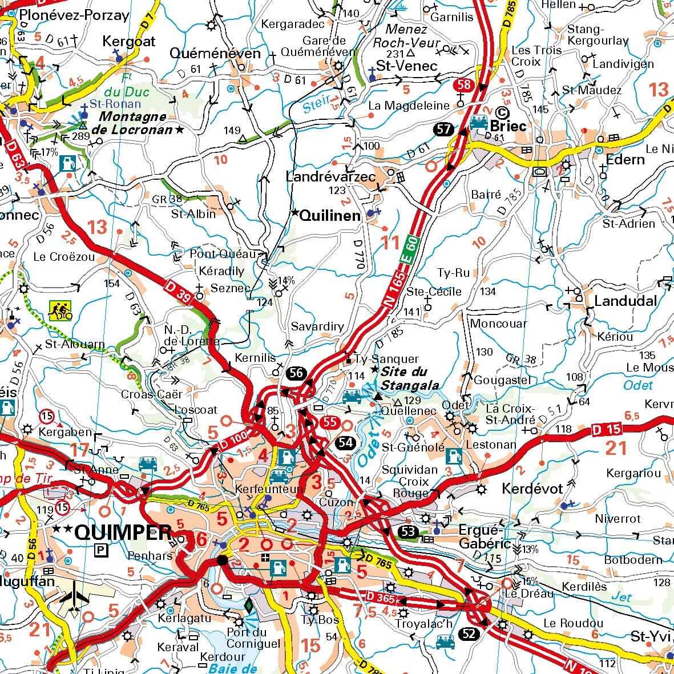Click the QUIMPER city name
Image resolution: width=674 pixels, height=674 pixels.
[x=123, y=532]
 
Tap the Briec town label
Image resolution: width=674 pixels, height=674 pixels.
[x=508, y=126]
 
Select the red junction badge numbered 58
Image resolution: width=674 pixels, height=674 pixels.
[x=463, y=85]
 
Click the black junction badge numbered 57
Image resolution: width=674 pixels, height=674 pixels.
[x=443, y=129]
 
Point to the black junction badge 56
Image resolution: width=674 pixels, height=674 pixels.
[x=296, y=374]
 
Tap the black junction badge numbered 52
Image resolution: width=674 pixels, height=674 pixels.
[x=469, y=634]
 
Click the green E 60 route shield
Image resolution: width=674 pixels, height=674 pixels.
[x=413, y=249]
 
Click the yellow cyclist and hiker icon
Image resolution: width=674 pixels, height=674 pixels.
[x=60, y=310]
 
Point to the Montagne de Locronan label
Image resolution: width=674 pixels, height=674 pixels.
[x=136, y=123]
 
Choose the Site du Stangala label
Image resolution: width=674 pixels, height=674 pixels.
[x=410, y=378]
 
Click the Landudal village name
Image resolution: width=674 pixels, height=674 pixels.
[x=625, y=301]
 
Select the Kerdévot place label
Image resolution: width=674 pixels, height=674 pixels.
[x=532, y=489]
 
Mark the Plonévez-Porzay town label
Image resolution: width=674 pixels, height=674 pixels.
[x=74, y=15]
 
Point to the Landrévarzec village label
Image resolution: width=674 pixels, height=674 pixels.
[x=330, y=177]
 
